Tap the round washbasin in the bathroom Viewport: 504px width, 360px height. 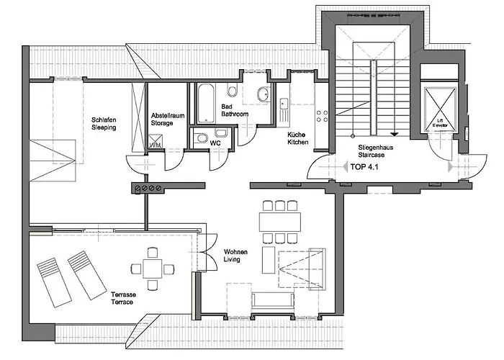(262, 94)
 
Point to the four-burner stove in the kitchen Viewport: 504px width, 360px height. (322, 114)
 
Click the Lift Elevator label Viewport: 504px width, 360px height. (439, 123)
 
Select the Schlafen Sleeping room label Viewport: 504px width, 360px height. (104, 124)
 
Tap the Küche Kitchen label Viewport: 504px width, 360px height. (297, 138)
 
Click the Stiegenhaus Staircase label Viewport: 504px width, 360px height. (374, 150)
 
